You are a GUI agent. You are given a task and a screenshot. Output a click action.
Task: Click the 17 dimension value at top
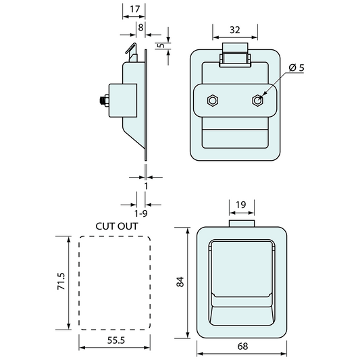click(134, 9)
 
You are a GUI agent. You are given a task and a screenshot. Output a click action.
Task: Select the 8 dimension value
click(140, 28)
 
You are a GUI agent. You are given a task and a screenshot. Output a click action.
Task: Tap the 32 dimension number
click(234, 30)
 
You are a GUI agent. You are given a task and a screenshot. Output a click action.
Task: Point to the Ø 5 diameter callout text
click(297, 68)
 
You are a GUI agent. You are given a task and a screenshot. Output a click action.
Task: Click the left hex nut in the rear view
click(213, 101)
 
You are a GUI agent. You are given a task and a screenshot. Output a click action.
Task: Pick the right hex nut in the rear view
click(257, 101)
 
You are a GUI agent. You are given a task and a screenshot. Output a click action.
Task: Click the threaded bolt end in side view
click(103, 101)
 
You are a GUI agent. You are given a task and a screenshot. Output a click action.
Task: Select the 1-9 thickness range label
click(140, 213)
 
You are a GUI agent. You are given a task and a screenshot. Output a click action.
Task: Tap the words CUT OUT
click(117, 226)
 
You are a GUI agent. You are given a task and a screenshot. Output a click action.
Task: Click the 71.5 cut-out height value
click(61, 281)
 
